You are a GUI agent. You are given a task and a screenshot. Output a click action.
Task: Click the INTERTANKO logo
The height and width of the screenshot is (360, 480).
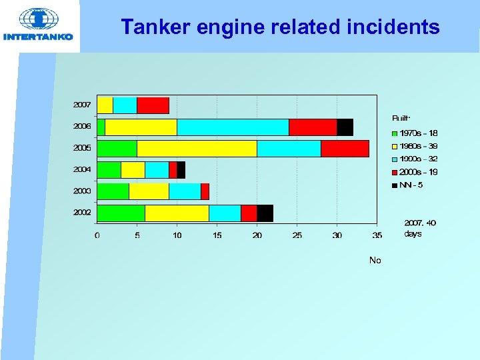point(38,25)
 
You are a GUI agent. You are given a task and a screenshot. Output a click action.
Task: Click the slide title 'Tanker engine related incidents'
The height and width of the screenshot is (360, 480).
point(280,27)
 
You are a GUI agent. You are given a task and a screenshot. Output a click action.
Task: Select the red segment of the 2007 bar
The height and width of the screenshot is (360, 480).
point(153,105)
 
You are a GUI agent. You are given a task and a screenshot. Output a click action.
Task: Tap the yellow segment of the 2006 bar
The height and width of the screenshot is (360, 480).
point(141,127)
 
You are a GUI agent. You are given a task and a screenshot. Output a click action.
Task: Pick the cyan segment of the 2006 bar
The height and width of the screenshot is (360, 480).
point(233,127)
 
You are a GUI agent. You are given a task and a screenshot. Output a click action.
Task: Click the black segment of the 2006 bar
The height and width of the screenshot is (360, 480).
point(345,127)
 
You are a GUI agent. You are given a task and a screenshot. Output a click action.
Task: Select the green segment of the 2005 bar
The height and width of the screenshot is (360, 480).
point(117,149)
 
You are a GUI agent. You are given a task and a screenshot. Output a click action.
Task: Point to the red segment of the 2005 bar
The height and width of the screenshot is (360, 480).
point(345,149)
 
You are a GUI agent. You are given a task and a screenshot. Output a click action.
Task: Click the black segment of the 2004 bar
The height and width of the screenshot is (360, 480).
point(181,170)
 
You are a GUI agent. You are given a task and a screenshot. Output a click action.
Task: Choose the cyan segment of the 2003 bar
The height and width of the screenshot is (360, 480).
point(185,191)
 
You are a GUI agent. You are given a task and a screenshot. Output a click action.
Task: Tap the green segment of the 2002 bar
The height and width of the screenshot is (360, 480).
point(121,213)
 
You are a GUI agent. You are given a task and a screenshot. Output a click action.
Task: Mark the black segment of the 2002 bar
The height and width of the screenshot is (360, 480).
point(265,213)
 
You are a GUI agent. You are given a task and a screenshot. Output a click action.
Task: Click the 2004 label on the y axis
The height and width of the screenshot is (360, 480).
point(82,169)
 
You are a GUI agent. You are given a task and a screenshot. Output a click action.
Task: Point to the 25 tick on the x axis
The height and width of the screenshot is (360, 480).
point(297,235)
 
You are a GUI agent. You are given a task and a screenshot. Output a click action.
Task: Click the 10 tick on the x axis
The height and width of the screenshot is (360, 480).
point(177,235)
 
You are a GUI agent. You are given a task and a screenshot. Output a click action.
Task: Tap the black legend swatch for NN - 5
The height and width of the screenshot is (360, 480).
point(395,185)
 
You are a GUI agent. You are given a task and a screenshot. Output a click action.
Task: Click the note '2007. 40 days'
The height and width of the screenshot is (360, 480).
point(420,228)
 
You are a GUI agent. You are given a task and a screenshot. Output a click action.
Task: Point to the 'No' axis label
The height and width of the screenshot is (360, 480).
point(375,260)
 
